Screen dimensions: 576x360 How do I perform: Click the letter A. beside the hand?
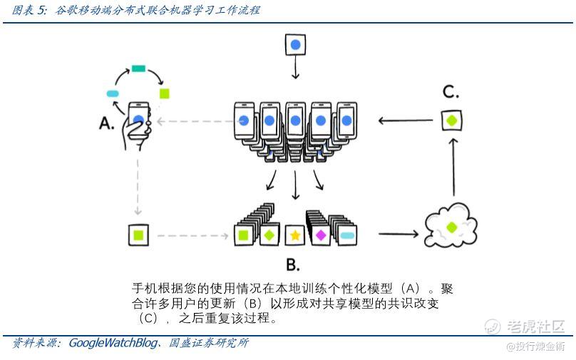click(106, 123)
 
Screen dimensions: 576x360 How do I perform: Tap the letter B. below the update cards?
click(293, 264)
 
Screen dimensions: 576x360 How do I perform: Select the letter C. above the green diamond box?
click(451, 91)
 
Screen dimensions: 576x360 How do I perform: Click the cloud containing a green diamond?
click(451, 225)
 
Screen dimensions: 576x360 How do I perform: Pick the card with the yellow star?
click(295, 235)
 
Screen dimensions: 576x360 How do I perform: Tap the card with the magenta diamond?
click(320, 235)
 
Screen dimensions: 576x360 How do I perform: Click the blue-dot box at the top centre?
click(295, 45)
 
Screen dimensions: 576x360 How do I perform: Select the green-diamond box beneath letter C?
click(452, 120)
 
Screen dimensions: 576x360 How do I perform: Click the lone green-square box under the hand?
click(138, 235)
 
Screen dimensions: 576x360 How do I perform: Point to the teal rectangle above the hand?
click(138, 68)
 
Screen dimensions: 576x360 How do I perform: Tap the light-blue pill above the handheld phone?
click(113, 93)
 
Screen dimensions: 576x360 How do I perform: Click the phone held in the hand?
click(139, 118)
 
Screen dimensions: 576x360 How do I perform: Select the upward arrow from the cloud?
click(453, 167)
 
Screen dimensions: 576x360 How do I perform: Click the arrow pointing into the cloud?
click(398, 234)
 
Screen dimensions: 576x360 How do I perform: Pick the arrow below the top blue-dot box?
click(295, 67)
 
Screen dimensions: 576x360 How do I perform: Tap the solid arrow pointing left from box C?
click(406, 120)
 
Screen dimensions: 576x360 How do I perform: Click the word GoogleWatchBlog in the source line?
click(113, 343)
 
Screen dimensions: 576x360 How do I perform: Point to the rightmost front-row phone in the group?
click(346, 120)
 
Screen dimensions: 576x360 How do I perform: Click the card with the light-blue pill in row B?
click(346, 235)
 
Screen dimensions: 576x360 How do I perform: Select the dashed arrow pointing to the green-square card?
click(193, 235)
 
